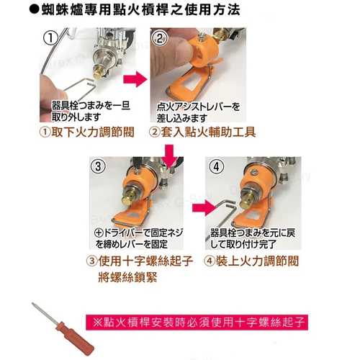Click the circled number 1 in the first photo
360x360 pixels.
pos(50,38)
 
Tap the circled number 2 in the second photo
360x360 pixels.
pos(160,38)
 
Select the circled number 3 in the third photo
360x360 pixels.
pos(98,166)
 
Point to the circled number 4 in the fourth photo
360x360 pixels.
pos(217,166)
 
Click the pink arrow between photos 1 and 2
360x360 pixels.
pos(135,79)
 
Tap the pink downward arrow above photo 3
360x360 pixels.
pos(169,156)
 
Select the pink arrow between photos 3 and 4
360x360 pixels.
pos(204,208)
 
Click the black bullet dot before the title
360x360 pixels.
pos(35,10)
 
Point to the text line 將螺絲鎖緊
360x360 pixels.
pos(127,277)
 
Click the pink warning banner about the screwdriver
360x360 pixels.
pos(197,323)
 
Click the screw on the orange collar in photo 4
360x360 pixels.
pos(253,171)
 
